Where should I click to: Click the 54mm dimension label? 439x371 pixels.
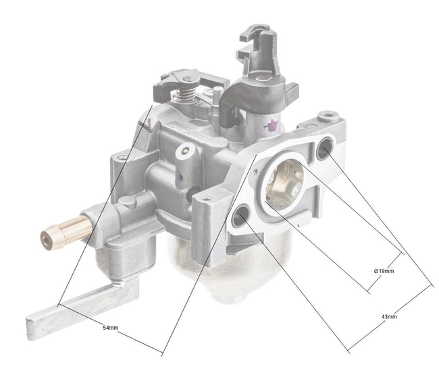pyautogui.click(x=111, y=328)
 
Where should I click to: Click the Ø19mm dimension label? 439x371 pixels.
pyautogui.click(x=383, y=271)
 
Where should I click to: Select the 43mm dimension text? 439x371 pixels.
pyautogui.click(x=388, y=316)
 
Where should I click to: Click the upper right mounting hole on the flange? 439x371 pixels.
pyautogui.click(x=325, y=147)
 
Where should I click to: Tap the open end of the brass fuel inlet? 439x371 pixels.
pyautogui.click(x=47, y=239)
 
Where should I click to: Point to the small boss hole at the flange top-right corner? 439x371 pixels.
pyautogui.click(x=330, y=116)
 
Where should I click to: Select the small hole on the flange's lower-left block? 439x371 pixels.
pyautogui.click(x=207, y=198)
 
